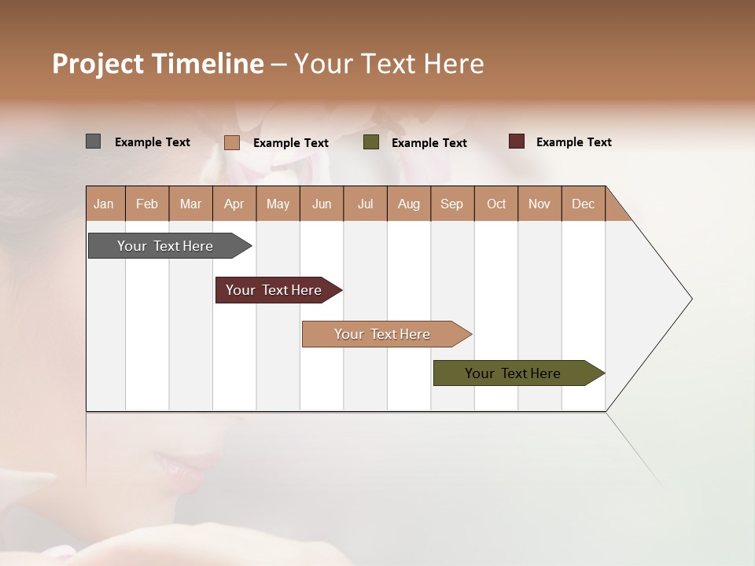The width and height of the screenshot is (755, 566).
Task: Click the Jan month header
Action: coord(105,204)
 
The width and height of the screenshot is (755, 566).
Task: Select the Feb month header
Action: coord(147,204)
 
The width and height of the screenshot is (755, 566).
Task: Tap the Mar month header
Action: coord(190,204)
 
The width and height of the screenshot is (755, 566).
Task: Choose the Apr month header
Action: coord(234,204)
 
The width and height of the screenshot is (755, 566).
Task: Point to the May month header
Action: coord(278,204)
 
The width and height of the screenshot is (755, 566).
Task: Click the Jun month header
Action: coord(322,204)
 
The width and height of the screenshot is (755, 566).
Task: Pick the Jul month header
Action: coord(365,204)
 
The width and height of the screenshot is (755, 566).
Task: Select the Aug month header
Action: coord(409,204)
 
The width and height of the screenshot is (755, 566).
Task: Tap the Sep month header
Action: coord(452,204)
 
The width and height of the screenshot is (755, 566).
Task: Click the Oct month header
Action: coord(496,204)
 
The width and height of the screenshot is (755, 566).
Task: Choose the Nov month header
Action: coord(540,204)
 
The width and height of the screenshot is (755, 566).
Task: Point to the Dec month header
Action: coord(584,204)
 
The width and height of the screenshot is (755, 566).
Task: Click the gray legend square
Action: coord(93,141)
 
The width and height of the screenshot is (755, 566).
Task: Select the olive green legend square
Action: coord(371,142)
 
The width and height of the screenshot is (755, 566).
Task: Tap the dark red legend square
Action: coord(516,141)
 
